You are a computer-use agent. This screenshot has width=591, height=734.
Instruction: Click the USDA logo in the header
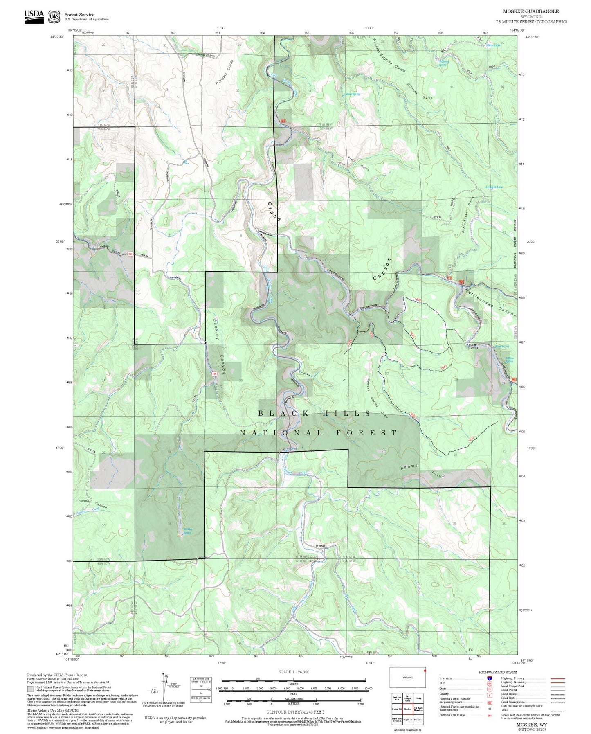[34, 16]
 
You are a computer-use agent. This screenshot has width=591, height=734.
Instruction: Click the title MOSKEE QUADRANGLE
[531, 11]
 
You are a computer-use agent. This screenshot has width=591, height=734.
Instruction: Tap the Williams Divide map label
[225, 72]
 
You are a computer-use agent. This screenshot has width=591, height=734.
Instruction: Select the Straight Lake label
[494, 187]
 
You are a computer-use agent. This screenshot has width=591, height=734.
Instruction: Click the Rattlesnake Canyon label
[491, 302]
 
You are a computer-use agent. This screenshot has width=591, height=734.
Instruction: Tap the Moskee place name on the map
[320, 546]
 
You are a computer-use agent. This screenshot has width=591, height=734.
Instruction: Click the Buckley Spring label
[187, 531]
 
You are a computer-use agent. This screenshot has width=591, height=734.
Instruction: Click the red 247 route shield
[130, 254]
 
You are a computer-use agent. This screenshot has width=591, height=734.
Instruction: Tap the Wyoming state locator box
[407, 678]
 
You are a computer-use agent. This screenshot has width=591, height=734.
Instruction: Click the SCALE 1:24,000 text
[293, 672]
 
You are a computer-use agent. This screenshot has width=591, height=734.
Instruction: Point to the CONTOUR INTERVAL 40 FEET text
[295, 712]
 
